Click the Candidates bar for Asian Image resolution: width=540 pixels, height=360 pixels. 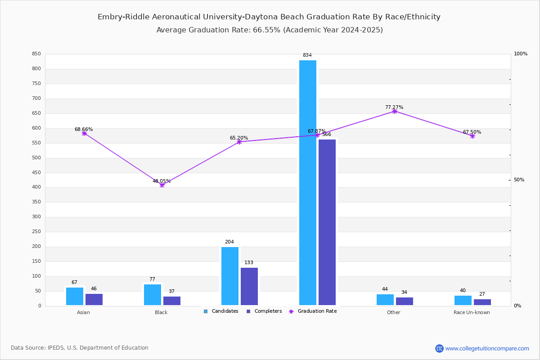point(75,296)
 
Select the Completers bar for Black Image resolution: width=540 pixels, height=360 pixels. point(172,301)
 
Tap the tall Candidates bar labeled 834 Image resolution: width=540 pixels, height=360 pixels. point(308,182)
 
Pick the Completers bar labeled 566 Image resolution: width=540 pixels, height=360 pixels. point(327,222)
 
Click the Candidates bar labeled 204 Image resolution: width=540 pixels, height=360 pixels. point(230,276)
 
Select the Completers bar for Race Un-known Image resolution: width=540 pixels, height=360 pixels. point(482,302)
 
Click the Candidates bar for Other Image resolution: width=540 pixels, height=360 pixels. point(385,300)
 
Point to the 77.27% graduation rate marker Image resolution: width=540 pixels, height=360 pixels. point(395,111)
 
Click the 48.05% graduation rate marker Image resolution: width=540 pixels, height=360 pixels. point(162,185)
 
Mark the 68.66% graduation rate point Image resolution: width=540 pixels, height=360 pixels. point(84,133)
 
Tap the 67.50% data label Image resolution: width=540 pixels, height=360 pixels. point(472,132)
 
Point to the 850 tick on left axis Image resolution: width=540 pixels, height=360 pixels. point(36,54)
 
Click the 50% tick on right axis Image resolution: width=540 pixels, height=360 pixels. point(519,180)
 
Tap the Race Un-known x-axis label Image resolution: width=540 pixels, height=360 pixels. point(472,312)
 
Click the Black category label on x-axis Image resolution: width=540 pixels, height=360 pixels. point(161,312)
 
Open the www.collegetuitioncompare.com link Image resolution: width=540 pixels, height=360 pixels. point(487,348)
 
